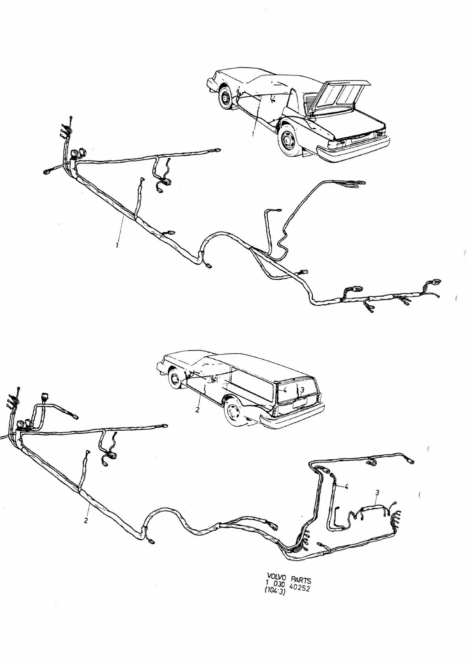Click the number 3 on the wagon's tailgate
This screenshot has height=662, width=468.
[302, 390]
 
